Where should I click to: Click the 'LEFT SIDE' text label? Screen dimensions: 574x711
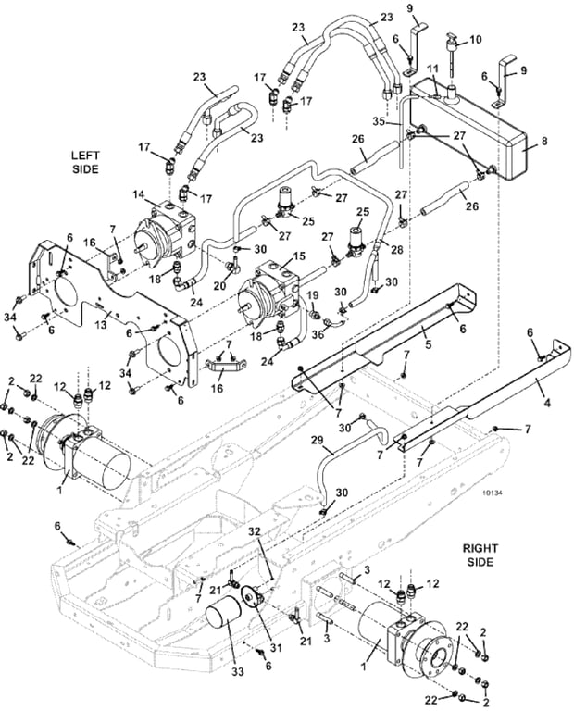point(85,162)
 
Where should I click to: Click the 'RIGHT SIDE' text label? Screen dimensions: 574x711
point(480,555)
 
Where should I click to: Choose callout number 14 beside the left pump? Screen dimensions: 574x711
point(138,195)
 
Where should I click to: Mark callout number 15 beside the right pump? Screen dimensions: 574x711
point(299,256)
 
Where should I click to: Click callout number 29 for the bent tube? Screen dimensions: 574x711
point(318,440)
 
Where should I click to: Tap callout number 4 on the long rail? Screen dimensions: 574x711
point(547,402)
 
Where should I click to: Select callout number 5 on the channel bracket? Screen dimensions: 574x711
point(428,344)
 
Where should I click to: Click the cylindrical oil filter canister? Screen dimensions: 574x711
point(226,622)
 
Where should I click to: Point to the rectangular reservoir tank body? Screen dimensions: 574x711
point(467,131)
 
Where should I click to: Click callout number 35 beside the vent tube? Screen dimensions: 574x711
point(379,121)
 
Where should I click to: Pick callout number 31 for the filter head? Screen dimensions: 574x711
point(275,648)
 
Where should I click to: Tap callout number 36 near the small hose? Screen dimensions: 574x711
point(318,334)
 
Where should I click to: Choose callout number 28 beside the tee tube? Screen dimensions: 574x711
point(397,248)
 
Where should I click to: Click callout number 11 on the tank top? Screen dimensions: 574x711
point(432,69)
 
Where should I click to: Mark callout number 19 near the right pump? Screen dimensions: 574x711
point(313,296)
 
